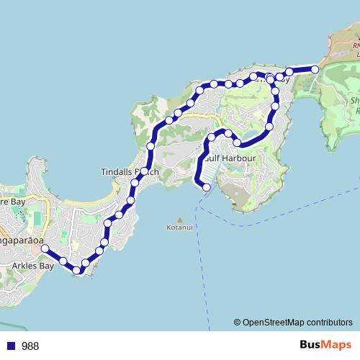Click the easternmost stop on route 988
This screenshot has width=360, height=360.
point(315,69)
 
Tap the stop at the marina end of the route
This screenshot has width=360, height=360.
point(207,188)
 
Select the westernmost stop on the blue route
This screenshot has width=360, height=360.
point(45,248)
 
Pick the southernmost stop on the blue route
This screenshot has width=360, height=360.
point(77,271)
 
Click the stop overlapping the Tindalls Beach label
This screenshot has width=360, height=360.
point(145,171)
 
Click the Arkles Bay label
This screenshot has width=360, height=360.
point(33,266)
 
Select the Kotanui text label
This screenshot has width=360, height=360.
point(180,229)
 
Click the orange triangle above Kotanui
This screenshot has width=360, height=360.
point(180,220)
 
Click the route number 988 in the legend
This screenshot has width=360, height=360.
point(30,346)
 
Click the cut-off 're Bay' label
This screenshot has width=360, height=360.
point(13,204)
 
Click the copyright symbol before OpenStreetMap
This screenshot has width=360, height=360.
point(237,323)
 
